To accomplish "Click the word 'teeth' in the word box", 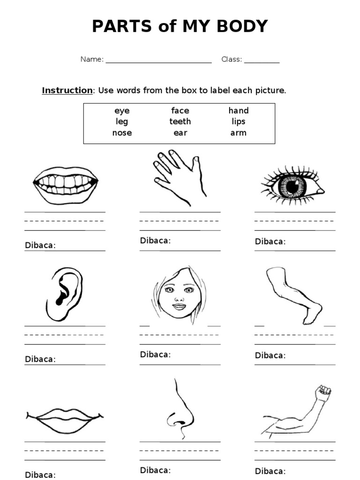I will pyautogui.click(x=180, y=121).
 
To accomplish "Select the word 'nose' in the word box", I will pyautogui.click(x=122, y=133).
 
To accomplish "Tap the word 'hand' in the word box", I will pyautogui.click(x=239, y=111).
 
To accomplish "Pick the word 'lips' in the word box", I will pyautogui.click(x=238, y=121).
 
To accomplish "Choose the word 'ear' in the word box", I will pyautogui.click(x=180, y=133).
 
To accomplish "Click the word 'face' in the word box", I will pyautogui.click(x=180, y=111).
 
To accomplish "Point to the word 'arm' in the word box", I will pyautogui.click(x=238, y=133).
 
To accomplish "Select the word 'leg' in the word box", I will pyautogui.click(x=122, y=121).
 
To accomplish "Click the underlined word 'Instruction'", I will pyautogui.click(x=67, y=90).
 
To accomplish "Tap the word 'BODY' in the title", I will pyautogui.click(x=239, y=26).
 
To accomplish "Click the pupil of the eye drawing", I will pyautogui.click(x=292, y=187).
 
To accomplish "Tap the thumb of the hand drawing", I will pyautogui.click(x=196, y=164).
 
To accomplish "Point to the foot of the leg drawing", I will pyautogui.click(x=312, y=314).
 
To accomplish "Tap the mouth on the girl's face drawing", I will pyautogui.click(x=179, y=307).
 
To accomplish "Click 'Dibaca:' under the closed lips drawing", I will pyautogui.click(x=40, y=475).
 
